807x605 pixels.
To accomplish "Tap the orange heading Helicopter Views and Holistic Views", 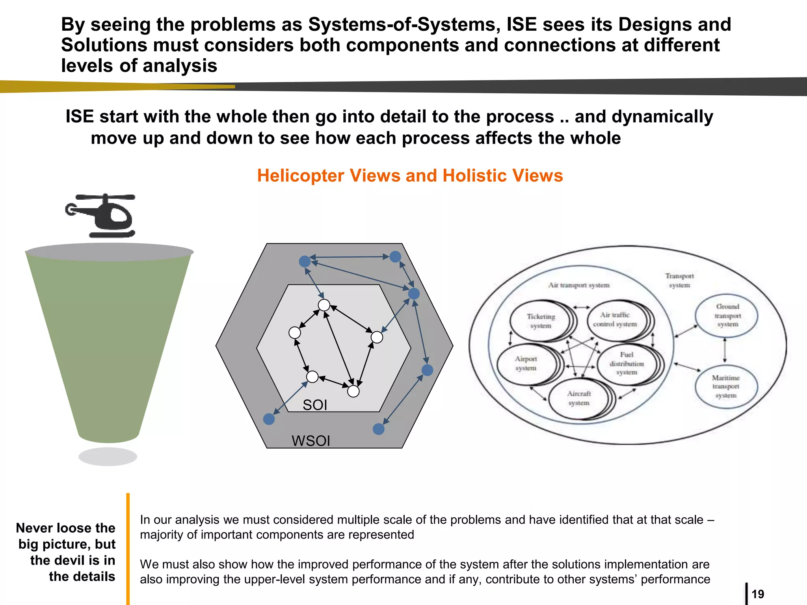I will [410, 176].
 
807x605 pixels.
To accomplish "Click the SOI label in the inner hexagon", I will [315, 405].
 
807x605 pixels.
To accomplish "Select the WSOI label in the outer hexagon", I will [311, 441].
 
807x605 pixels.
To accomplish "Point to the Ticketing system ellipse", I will [540, 321].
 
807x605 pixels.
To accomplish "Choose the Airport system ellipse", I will [526, 363].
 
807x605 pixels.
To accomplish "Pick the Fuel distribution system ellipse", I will [626, 363].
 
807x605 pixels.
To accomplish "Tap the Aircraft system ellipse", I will [579, 398].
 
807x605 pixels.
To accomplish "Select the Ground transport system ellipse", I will [727, 315].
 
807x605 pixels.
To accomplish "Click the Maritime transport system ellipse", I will [726, 386].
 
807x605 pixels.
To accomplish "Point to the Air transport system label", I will [578, 285].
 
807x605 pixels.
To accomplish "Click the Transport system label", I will [679, 280].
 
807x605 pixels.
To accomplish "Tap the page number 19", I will [758, 594].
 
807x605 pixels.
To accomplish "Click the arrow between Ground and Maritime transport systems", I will [725, 350].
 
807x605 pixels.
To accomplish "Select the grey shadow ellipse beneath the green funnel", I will [108, 457].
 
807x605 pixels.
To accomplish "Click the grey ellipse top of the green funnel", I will [110, 252].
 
